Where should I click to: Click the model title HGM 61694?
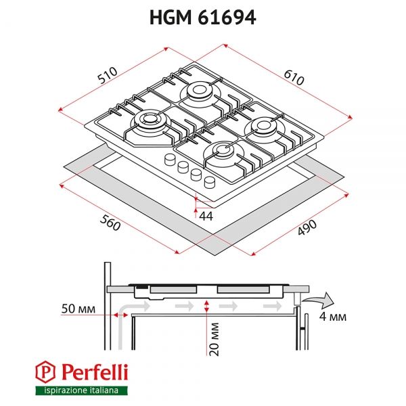point(202,18)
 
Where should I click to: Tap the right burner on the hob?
point(264,125)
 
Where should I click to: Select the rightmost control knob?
point(209,181)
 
